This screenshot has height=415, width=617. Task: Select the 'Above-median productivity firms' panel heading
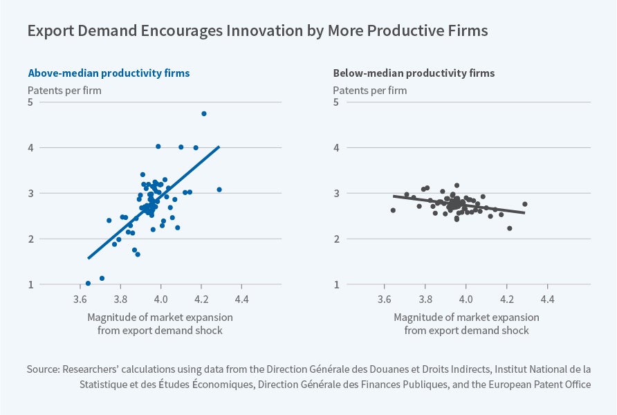coord(109,73)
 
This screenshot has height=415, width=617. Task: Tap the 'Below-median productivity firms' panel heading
coord(414,73)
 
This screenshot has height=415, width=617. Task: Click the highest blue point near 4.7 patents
coord(204,113)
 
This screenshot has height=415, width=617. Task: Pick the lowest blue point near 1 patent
coord(88,283)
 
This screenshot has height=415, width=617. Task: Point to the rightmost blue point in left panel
coord(219,190)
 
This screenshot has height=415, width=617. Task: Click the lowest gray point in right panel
coord(510,228)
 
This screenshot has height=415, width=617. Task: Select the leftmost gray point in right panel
coord(393,210)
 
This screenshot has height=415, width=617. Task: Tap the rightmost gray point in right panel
coord(525,204)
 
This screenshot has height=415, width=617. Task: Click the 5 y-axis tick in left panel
coord(31,102)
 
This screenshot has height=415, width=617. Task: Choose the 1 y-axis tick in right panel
coord(337,284)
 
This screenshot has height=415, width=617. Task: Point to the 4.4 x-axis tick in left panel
coord(242,301)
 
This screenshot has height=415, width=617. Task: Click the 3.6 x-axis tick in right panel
coord(385,301)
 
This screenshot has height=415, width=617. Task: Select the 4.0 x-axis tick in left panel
coord(161,301)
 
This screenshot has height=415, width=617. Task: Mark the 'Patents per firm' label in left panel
coord(64,90)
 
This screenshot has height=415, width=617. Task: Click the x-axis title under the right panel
coord(466,324)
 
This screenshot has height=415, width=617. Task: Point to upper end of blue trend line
coord(219,146)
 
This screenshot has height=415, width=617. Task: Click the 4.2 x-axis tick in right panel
coord(507,301)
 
